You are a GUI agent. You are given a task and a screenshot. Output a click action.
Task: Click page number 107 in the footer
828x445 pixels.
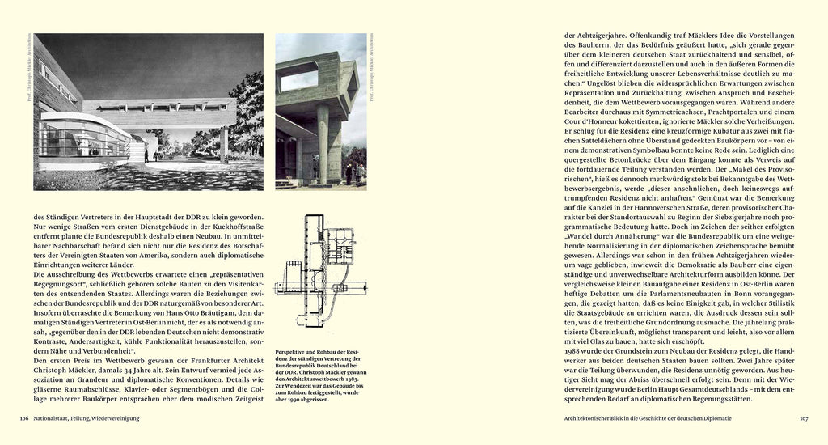click(x=804, y=418)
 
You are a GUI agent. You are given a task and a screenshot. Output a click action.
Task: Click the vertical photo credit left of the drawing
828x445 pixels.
click(x=28, y=74)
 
